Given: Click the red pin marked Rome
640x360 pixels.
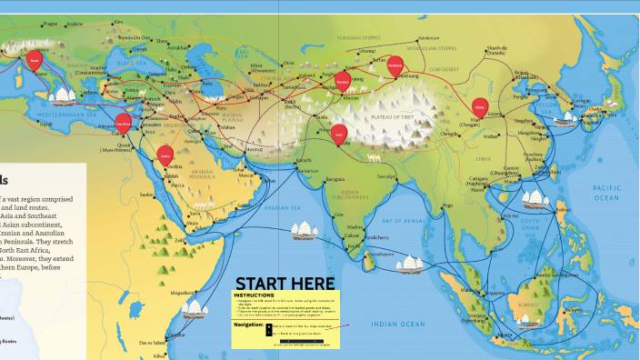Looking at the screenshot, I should point(35,61).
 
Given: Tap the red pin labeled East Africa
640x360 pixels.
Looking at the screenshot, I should point(124,124).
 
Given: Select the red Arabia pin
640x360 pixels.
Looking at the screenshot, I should point(165,154).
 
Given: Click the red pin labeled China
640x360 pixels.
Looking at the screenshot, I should point(480,107).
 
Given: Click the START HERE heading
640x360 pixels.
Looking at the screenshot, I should point(285,284).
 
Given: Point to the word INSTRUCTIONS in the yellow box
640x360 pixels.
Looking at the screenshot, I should point(255,295).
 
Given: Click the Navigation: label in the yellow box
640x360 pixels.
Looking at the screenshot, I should point(248,323).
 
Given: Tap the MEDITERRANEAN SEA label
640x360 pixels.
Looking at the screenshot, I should point(69,115).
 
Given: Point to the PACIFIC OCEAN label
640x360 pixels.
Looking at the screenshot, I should point(606,192).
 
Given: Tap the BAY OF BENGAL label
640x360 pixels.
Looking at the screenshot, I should point(403,221).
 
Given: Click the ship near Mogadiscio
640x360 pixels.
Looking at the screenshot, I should point(195,309).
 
